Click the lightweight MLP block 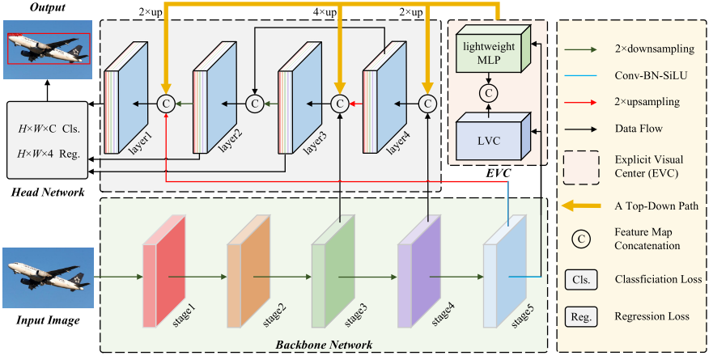(493, 49)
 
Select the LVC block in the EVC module (493, 136)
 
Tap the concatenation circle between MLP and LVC (489, 93)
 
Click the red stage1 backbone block (163, 272)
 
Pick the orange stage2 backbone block (248, 272)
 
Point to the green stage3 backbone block (333, 272)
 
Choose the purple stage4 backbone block (418, 272)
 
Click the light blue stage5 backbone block (504, 272)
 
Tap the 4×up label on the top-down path (325, 12)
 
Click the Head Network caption (48, 193)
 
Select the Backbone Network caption (324, 345)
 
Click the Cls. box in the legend (581, 280)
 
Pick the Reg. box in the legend (581, 316)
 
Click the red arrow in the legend (580, 102)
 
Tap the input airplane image (48, 277)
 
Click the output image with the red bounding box (48, 49)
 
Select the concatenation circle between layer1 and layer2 (166, 104)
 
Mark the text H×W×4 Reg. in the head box (49, 154)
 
